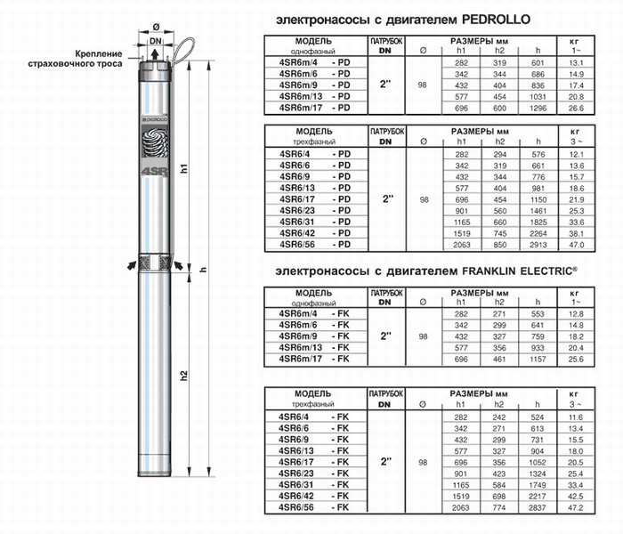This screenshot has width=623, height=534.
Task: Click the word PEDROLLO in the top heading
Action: tap(496, 20)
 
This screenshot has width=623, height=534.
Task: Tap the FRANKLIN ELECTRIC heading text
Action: tap(520, 271)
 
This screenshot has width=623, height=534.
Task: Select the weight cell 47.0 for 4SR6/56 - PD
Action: tap(576, 245)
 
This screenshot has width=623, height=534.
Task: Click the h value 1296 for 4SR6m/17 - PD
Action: tap(538, 108)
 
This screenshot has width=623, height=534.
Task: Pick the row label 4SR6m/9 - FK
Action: tap(314, 336)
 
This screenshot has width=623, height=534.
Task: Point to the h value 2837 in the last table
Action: tap(538, 508)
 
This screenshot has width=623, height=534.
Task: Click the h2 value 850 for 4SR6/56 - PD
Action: tap(500, 245)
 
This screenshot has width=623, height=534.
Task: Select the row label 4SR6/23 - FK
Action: tap(314, 473)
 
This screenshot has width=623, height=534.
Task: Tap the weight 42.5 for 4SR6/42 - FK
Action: tap(576, 497)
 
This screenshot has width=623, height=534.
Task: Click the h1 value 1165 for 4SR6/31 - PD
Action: tap(462, 222)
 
